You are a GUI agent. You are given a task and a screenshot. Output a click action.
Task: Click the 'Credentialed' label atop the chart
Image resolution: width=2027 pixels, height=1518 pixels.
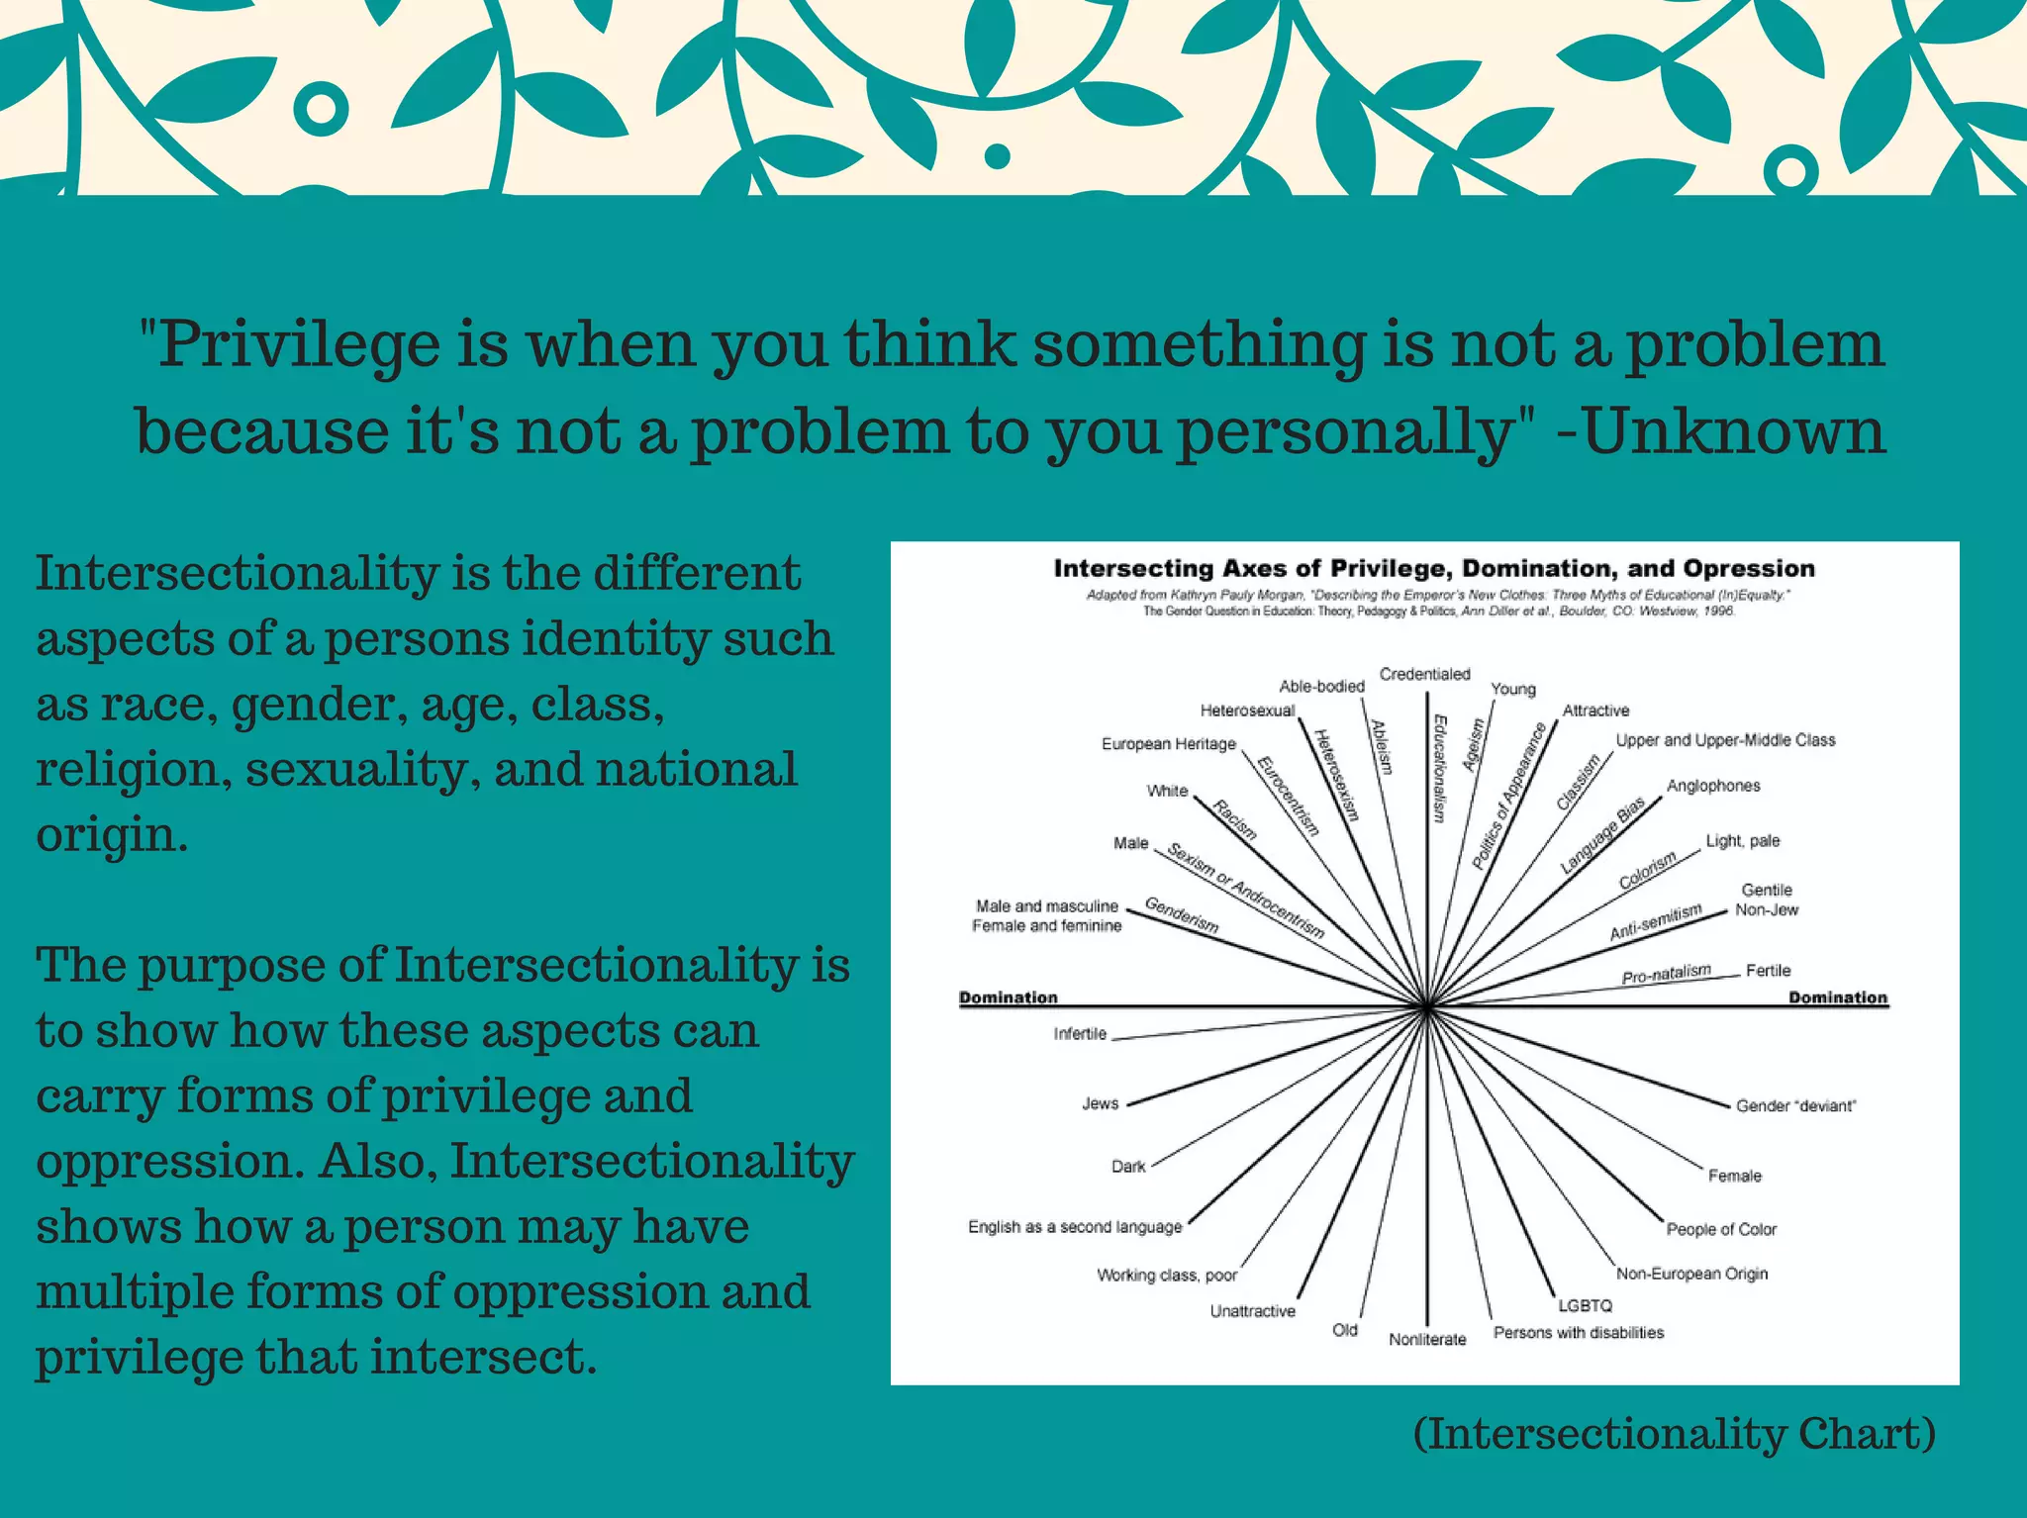(x=1424, y=674)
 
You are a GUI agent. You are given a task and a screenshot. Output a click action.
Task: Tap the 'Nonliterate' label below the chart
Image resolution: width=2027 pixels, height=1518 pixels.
(x=1426, y=1339)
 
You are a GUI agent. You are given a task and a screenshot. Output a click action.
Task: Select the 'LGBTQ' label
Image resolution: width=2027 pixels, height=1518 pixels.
(x=1585, y=1305)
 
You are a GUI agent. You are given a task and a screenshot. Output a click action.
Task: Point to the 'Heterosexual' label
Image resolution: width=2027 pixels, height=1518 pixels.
(x=1247, y=711)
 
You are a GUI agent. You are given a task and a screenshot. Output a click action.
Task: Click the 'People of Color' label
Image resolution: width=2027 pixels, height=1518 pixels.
(x=1721, y=1229)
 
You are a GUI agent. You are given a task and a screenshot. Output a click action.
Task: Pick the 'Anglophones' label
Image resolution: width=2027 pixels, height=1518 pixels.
(x=1713, y=786)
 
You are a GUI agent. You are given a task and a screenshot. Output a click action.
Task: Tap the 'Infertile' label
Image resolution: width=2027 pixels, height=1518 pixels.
(x=1080, y=1034)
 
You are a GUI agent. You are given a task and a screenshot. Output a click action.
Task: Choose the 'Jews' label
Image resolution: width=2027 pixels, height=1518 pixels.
(x=1100, y=1103)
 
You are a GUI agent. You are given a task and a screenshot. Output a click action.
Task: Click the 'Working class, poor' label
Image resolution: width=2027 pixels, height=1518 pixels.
(x=1167, y=1275)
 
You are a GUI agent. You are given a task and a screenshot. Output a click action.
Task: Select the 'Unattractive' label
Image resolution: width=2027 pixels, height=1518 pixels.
(x=1252, y=1311)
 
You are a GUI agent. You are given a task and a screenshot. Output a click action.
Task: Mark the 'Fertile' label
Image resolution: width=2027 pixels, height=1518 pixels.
(x=1768, y=971)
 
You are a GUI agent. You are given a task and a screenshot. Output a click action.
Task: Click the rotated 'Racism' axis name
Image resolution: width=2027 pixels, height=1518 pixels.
(x=1234, y=819)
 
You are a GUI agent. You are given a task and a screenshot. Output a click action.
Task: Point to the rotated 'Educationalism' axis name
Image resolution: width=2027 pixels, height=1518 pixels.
(x=1439, y=768)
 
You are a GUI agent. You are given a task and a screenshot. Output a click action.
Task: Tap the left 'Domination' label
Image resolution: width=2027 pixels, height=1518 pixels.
(x=1008, y=997)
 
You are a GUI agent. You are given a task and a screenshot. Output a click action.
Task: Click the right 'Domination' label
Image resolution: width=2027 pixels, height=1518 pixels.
(x=1837, y=997)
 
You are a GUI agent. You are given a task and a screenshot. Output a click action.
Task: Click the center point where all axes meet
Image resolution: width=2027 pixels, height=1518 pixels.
(x=1426, y=1007)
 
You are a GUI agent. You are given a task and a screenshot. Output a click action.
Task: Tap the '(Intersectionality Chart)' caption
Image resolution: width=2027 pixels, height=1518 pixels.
(x=1674, y=1433)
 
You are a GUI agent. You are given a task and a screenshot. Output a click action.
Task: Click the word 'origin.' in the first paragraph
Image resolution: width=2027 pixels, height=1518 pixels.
(x=112, y=834)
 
